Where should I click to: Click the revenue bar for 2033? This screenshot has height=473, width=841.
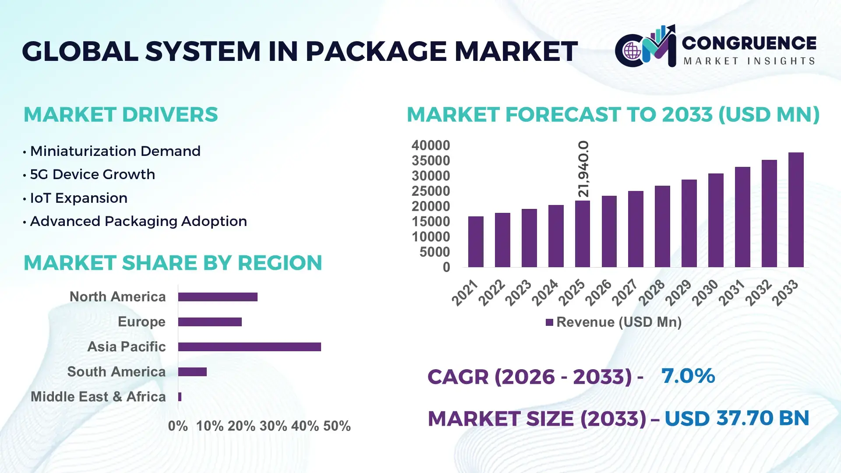coord(796,210)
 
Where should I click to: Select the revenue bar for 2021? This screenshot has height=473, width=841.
coord(476,242)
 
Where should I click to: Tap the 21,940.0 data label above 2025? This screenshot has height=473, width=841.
coord(583,169)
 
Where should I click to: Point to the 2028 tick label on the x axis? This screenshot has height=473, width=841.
coord(652,293)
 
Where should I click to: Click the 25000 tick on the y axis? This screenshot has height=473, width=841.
coord(431,191)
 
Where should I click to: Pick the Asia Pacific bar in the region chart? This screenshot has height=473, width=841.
coord(249,347)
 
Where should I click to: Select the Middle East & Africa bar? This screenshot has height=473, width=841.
coord(180,397)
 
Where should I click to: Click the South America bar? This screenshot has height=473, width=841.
coord(192,372)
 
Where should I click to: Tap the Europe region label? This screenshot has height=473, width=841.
coord(141,322)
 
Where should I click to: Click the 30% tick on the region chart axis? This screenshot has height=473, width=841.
coord(273,426)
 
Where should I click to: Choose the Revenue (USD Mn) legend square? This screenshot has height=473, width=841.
coord(549,323)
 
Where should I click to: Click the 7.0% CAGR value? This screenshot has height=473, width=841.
coord(688,376)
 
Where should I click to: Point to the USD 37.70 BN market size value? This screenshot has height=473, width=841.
coord(737,418)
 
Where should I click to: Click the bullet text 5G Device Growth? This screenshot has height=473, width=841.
coord(92,174)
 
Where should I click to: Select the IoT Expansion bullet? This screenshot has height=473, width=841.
coord(78,198)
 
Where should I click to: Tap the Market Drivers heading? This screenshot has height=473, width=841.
coord(120,115)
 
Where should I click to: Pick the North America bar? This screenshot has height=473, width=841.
coord(218,297)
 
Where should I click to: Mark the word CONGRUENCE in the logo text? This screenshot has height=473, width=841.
coord(749,43)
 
